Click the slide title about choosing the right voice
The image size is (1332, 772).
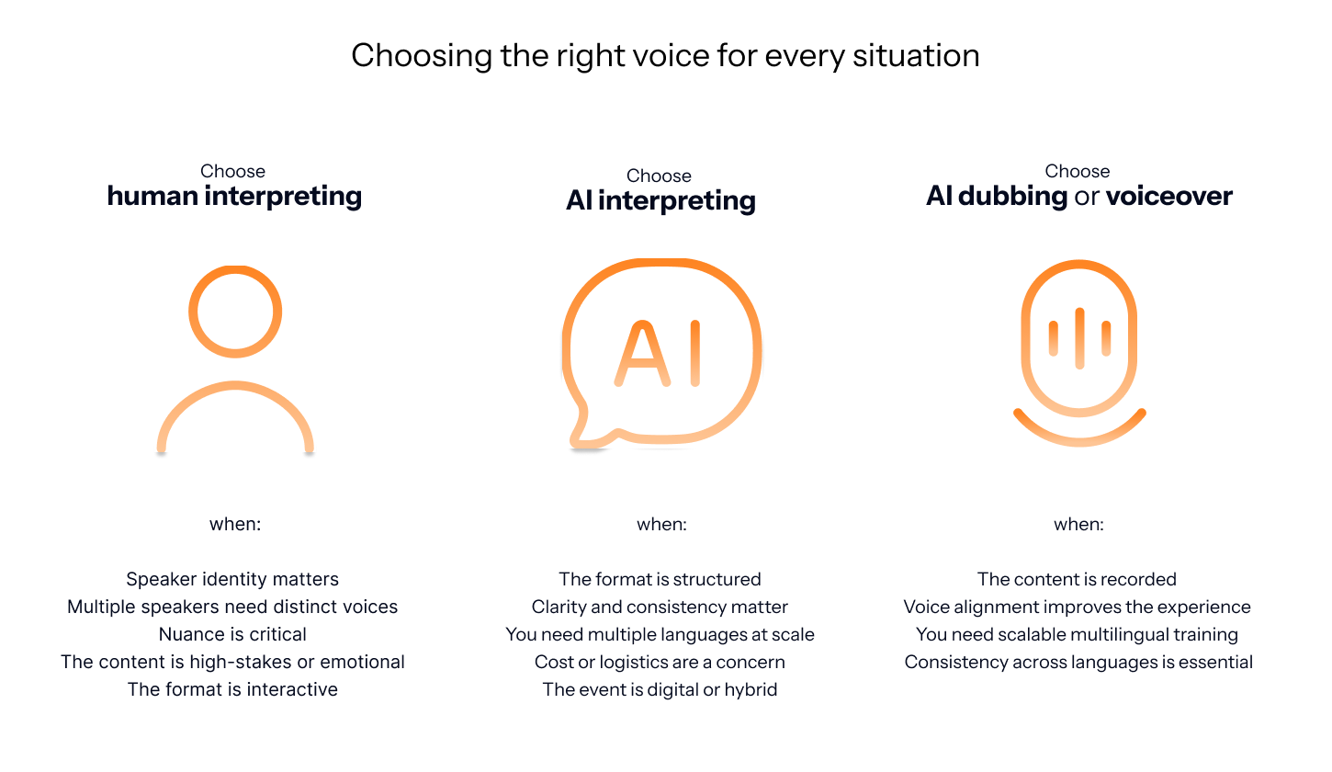coord(665,56)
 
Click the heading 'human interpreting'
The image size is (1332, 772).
coord(234,196)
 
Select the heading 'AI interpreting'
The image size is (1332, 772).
coord(660,200)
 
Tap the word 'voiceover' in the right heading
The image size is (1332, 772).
coord(1168,196)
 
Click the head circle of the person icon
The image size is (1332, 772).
coord(235,312)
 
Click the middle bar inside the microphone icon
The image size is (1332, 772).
coord(1079,337)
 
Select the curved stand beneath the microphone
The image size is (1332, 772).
coord(1079,436)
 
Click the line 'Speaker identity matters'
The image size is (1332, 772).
coord(232,579)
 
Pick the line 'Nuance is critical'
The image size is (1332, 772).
coord(232,634)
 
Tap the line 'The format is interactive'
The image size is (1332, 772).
coord(232,689)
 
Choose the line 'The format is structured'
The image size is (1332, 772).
coord(660,579)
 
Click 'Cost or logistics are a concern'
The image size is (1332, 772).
coord(660,662)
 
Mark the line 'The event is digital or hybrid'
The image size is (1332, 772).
coord(660,689)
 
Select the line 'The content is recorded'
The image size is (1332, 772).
coord(1077,579)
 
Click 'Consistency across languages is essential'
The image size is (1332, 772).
coord(1078,662)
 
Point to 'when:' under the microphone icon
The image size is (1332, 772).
coord(1078,525)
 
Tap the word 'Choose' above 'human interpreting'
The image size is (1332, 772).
coord(232,172)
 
